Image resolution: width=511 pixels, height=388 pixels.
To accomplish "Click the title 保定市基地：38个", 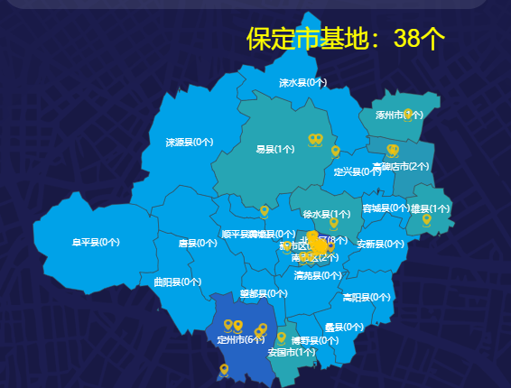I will click(346, 38).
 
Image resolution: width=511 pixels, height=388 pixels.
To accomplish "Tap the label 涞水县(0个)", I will click(302, 82).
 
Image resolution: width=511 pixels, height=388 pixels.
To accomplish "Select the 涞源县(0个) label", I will click(190, 142).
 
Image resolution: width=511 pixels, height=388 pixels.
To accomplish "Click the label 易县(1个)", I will click(275, 149).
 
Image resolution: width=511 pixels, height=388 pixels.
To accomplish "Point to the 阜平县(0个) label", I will click(97, 242).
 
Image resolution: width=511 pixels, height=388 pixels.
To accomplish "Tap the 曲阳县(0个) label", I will click(178, 282).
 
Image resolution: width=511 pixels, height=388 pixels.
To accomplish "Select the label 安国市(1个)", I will click(292, 352).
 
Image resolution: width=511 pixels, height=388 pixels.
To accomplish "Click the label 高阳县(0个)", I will click(367, 297).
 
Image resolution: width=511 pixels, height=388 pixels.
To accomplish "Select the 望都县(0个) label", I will click(265, 293).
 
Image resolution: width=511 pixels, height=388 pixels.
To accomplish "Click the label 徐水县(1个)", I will click(327, 214).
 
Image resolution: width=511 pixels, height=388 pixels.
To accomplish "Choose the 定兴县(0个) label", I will click(358, 171).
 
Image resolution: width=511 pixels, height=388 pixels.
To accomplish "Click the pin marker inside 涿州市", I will click(409, 114).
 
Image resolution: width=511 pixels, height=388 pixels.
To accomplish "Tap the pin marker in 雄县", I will click(426, 218).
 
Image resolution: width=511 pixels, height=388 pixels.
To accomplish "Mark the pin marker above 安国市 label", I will click(281, 337).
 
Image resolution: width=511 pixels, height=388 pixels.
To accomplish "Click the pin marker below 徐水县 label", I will click(334, 222).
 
